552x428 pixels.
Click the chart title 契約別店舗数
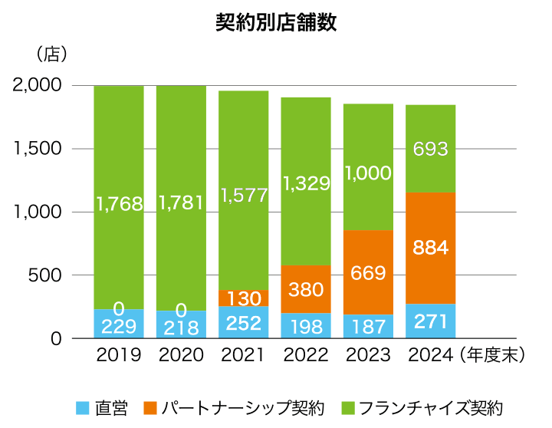(276, 23)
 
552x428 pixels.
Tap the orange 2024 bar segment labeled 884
(430, 249)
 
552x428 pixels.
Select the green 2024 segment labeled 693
(430, 149)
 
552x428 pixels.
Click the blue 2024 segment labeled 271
(430, 321)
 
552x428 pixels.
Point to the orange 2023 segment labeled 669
(368, 272)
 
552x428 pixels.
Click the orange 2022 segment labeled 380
(306, 289)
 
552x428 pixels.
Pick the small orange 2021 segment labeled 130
(244, 298)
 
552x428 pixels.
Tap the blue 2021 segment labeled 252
(244, 323)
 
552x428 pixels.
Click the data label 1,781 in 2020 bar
(181, 202)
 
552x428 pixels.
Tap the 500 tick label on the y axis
(48, 275)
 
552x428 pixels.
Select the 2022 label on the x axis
(305, 355)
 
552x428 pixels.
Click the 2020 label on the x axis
(181, 355)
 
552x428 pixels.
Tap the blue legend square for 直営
(83, 407)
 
